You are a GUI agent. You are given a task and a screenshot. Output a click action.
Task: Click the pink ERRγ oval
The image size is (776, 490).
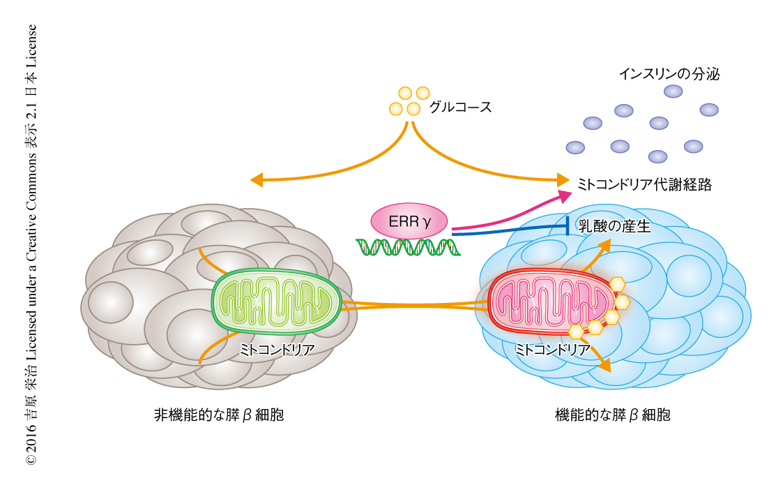pyautogui.click(x=410, y=221)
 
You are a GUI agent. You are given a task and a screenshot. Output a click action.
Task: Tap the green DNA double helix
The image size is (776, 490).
pyautogui.click(x=409, y=246)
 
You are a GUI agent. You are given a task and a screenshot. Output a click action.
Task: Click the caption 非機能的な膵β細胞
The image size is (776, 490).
pyautogui.click(x=219, y=415)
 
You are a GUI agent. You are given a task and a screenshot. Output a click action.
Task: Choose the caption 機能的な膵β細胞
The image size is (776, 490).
pyautogui.click(x=613, y=415)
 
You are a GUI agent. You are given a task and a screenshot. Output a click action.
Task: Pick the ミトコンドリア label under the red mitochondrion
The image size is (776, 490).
pyautogui.click(x=552, y=348)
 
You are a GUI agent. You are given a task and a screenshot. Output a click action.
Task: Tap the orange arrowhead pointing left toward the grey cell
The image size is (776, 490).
pyautogui.click(x=257, y=180)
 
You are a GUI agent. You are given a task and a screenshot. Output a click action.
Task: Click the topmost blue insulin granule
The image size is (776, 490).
pyautogui.click(x=673, y=91)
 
